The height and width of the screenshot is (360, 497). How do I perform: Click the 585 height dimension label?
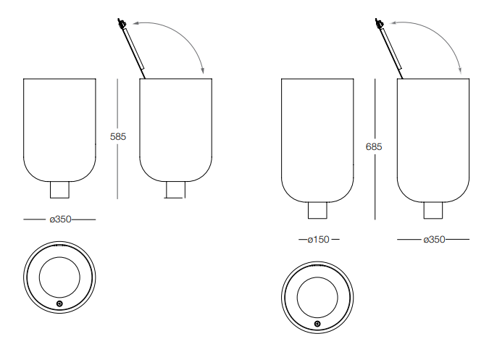[118, 137]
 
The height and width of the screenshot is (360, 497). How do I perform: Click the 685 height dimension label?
[374, 147]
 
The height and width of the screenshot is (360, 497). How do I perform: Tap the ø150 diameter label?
[319, 240]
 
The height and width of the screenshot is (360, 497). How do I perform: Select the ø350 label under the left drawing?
[61, 219]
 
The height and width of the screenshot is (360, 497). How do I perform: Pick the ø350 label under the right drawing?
[434, 240]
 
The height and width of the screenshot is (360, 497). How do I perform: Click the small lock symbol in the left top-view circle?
[59, 304]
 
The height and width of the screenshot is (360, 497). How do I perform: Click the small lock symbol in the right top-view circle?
[317, 324]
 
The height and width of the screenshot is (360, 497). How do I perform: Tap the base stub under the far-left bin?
[59, 190]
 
